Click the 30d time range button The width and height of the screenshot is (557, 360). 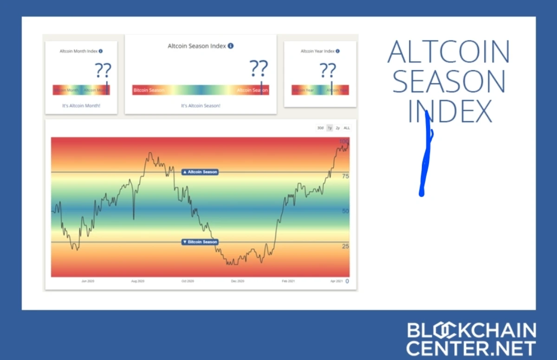click(x=320, y=128)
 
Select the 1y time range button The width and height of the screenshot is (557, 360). click(x=330, y=128)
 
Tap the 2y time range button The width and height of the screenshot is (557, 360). click(x=338, y=128)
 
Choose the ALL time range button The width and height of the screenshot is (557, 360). click(x=347, y=128)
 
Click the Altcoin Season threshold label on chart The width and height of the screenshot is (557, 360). click(x=200, y=172)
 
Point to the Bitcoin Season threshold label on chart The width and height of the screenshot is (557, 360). click(x=200, y=242)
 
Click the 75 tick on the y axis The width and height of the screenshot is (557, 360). click(x=345, y=176)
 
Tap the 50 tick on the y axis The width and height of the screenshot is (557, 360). click(x=345, y=211)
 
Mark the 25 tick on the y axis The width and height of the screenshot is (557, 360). click(x=345, y=246)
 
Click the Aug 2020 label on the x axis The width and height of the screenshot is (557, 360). click(x=137, y=281)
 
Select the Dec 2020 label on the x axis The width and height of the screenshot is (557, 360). click(x=237, y=281)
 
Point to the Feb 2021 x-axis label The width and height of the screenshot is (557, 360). click(x=288, y=281)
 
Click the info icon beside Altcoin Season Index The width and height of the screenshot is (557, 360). click(x=231, y=46)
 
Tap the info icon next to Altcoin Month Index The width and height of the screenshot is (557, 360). click(x=101, y=51)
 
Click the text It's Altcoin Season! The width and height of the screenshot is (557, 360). click(x=201, y=106)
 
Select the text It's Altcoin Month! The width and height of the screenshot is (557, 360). click(x=81, y=106)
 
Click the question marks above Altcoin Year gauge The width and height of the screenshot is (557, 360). click(x=328, y=71)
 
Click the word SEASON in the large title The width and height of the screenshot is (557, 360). click(x=449, y=81)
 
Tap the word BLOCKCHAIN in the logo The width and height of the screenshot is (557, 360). click(x=471, y=331)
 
